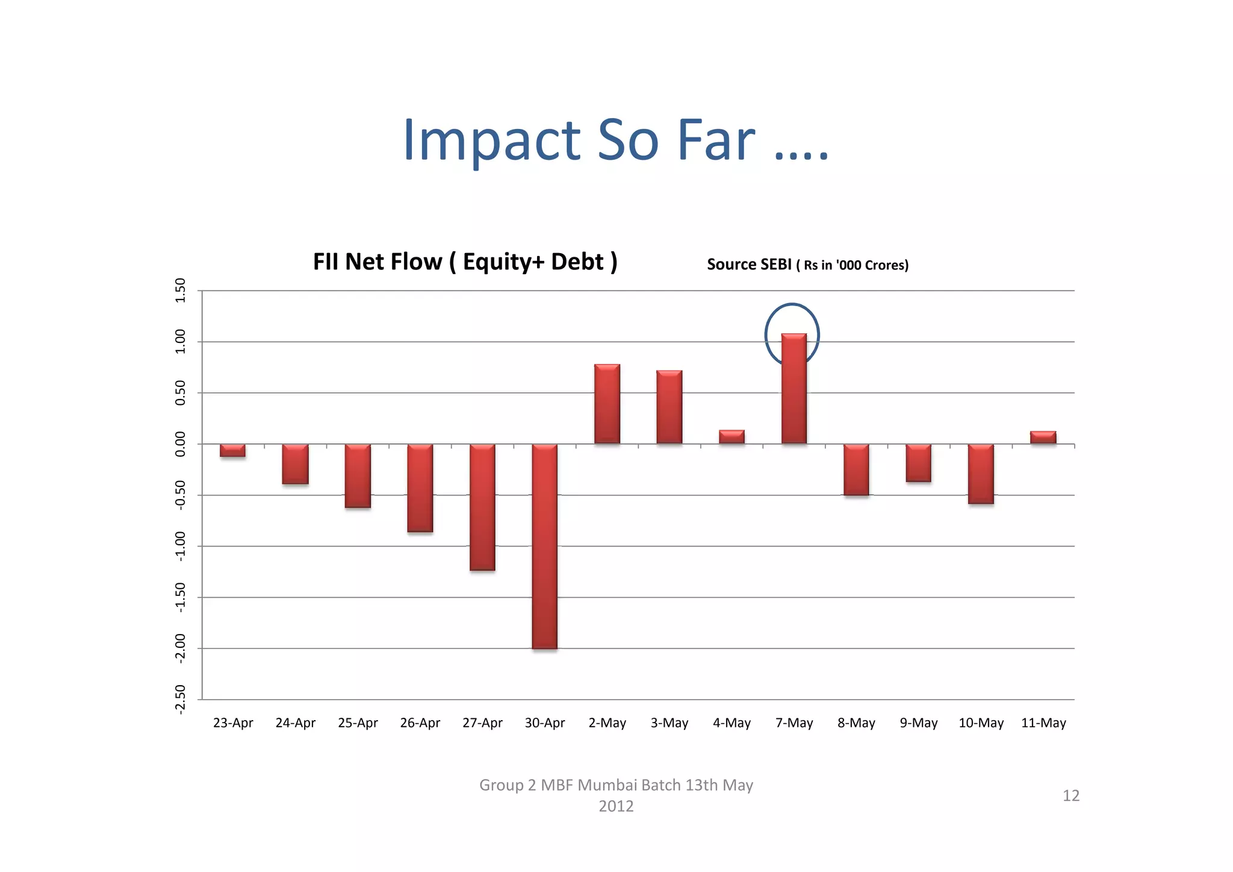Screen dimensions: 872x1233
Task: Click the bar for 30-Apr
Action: point(544,546)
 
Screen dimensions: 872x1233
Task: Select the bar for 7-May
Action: point(794,389)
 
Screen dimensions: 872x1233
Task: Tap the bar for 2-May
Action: point(607,404)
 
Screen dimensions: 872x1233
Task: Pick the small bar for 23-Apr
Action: point(232,450)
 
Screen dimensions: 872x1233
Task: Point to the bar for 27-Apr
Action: point(482,507)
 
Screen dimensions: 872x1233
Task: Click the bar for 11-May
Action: point(1043,438)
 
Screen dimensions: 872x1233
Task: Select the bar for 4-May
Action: point(731,437)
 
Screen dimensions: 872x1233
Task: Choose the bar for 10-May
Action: point(981,474)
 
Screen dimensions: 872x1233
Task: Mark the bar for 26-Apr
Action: point(420,488)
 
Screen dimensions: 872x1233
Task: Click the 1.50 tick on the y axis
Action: point(180,290)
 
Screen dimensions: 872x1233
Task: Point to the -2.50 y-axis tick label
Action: point(180,700)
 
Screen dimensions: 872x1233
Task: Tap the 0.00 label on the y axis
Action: point(180,444)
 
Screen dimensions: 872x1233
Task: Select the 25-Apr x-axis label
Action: point(358,723)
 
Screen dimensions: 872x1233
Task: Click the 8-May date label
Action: point(856,723)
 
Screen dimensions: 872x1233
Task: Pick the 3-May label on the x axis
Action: point(669,723)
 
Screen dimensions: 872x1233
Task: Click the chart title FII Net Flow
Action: point(465,262)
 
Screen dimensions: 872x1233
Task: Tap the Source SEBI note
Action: point(807,265)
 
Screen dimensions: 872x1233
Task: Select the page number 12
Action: point(1071,795)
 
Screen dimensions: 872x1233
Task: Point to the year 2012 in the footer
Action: point(616,806)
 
